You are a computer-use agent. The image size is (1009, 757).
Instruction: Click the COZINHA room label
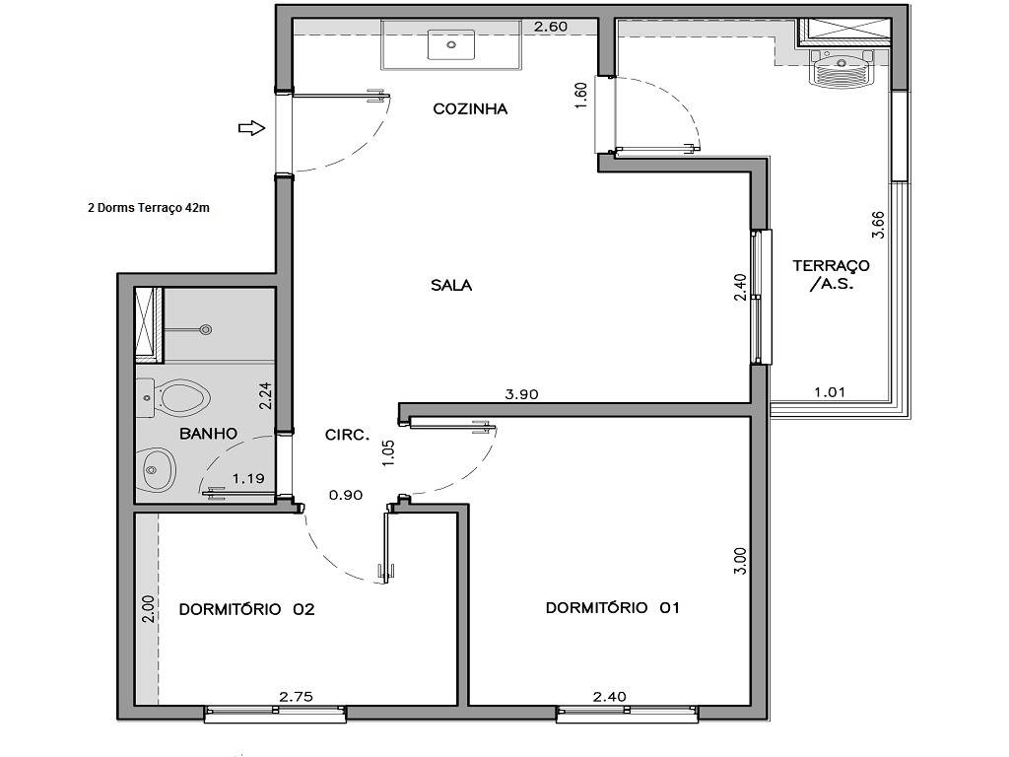470,109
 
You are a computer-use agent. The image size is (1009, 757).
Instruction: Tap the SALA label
451,286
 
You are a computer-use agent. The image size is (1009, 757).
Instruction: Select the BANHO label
208,433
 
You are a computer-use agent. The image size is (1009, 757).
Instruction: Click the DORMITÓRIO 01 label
613,608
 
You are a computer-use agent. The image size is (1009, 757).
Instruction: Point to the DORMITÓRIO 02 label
246,609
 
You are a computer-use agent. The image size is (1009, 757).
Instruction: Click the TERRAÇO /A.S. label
831,274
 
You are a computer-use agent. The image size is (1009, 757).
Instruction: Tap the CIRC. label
347,434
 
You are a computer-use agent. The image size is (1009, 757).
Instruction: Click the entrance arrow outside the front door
252,127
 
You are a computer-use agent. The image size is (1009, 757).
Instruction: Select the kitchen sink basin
451,44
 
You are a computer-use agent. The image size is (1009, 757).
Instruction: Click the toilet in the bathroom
182,398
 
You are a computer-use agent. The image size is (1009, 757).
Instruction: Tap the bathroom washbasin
156,471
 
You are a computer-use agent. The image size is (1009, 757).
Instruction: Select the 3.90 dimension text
521,394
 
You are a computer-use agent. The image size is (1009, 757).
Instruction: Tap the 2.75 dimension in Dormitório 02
296,697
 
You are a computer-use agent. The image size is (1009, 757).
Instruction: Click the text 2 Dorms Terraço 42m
148,208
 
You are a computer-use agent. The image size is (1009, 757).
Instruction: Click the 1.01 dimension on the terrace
830,392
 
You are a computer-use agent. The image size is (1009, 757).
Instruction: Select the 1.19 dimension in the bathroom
247,480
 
